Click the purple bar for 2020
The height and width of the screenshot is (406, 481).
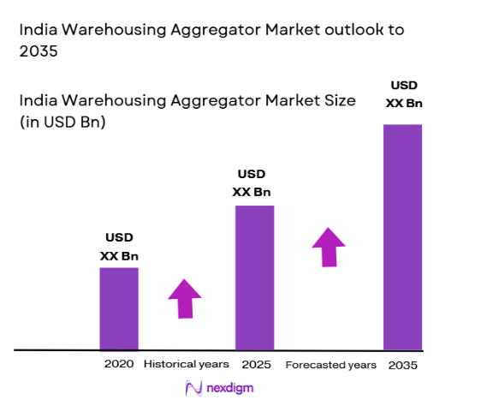click(119, 308)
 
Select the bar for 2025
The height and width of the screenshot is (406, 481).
click(255, 278)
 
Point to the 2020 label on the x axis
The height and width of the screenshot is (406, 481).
click(119, 364)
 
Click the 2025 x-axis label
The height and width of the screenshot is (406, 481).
click(255, 364)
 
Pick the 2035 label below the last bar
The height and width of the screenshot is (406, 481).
click(402, 364)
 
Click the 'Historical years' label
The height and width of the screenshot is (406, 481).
click(186, 364)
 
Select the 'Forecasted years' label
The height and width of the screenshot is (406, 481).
click(330, 364)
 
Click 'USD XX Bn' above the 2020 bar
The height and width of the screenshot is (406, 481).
click(119, 246)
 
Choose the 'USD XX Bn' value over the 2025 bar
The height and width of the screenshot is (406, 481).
click(254, 183)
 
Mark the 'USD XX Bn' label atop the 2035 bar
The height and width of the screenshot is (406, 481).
click(402, 94)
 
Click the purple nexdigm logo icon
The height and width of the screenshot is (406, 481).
click(193, 388)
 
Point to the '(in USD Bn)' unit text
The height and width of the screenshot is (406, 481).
click(62, 122)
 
